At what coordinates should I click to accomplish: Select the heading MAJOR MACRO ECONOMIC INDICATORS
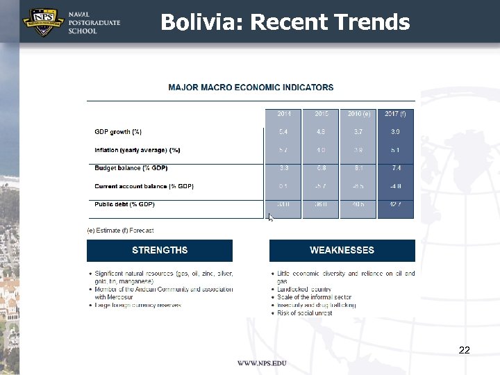(x=251, y=87)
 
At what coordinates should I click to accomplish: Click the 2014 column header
(x=284, y=113)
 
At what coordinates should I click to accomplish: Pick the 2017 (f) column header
(x=395, y=113)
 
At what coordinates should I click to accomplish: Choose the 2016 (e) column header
(x=358, y=113)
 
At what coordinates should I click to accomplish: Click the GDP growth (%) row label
(x=118, y=132)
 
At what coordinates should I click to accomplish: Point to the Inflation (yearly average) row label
(x=137, y=150)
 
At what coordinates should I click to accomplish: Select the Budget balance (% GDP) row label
(x=131, y=168)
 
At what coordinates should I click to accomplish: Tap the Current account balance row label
(x=144, y=186)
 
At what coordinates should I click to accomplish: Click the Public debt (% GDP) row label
(x=124, y=204)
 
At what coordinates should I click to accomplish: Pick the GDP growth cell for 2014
(x=284, y=132)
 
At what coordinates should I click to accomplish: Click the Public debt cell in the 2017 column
(x=395, y=204)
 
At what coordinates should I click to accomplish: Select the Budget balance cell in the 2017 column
(x=395, y=168)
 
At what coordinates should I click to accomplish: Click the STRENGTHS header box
(x=160, y=250)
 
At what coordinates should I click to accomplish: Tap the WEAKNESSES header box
(x=342, y=250)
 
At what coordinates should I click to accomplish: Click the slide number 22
(x=465, y=350)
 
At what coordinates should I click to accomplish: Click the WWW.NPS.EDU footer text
(x=262, y=363)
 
